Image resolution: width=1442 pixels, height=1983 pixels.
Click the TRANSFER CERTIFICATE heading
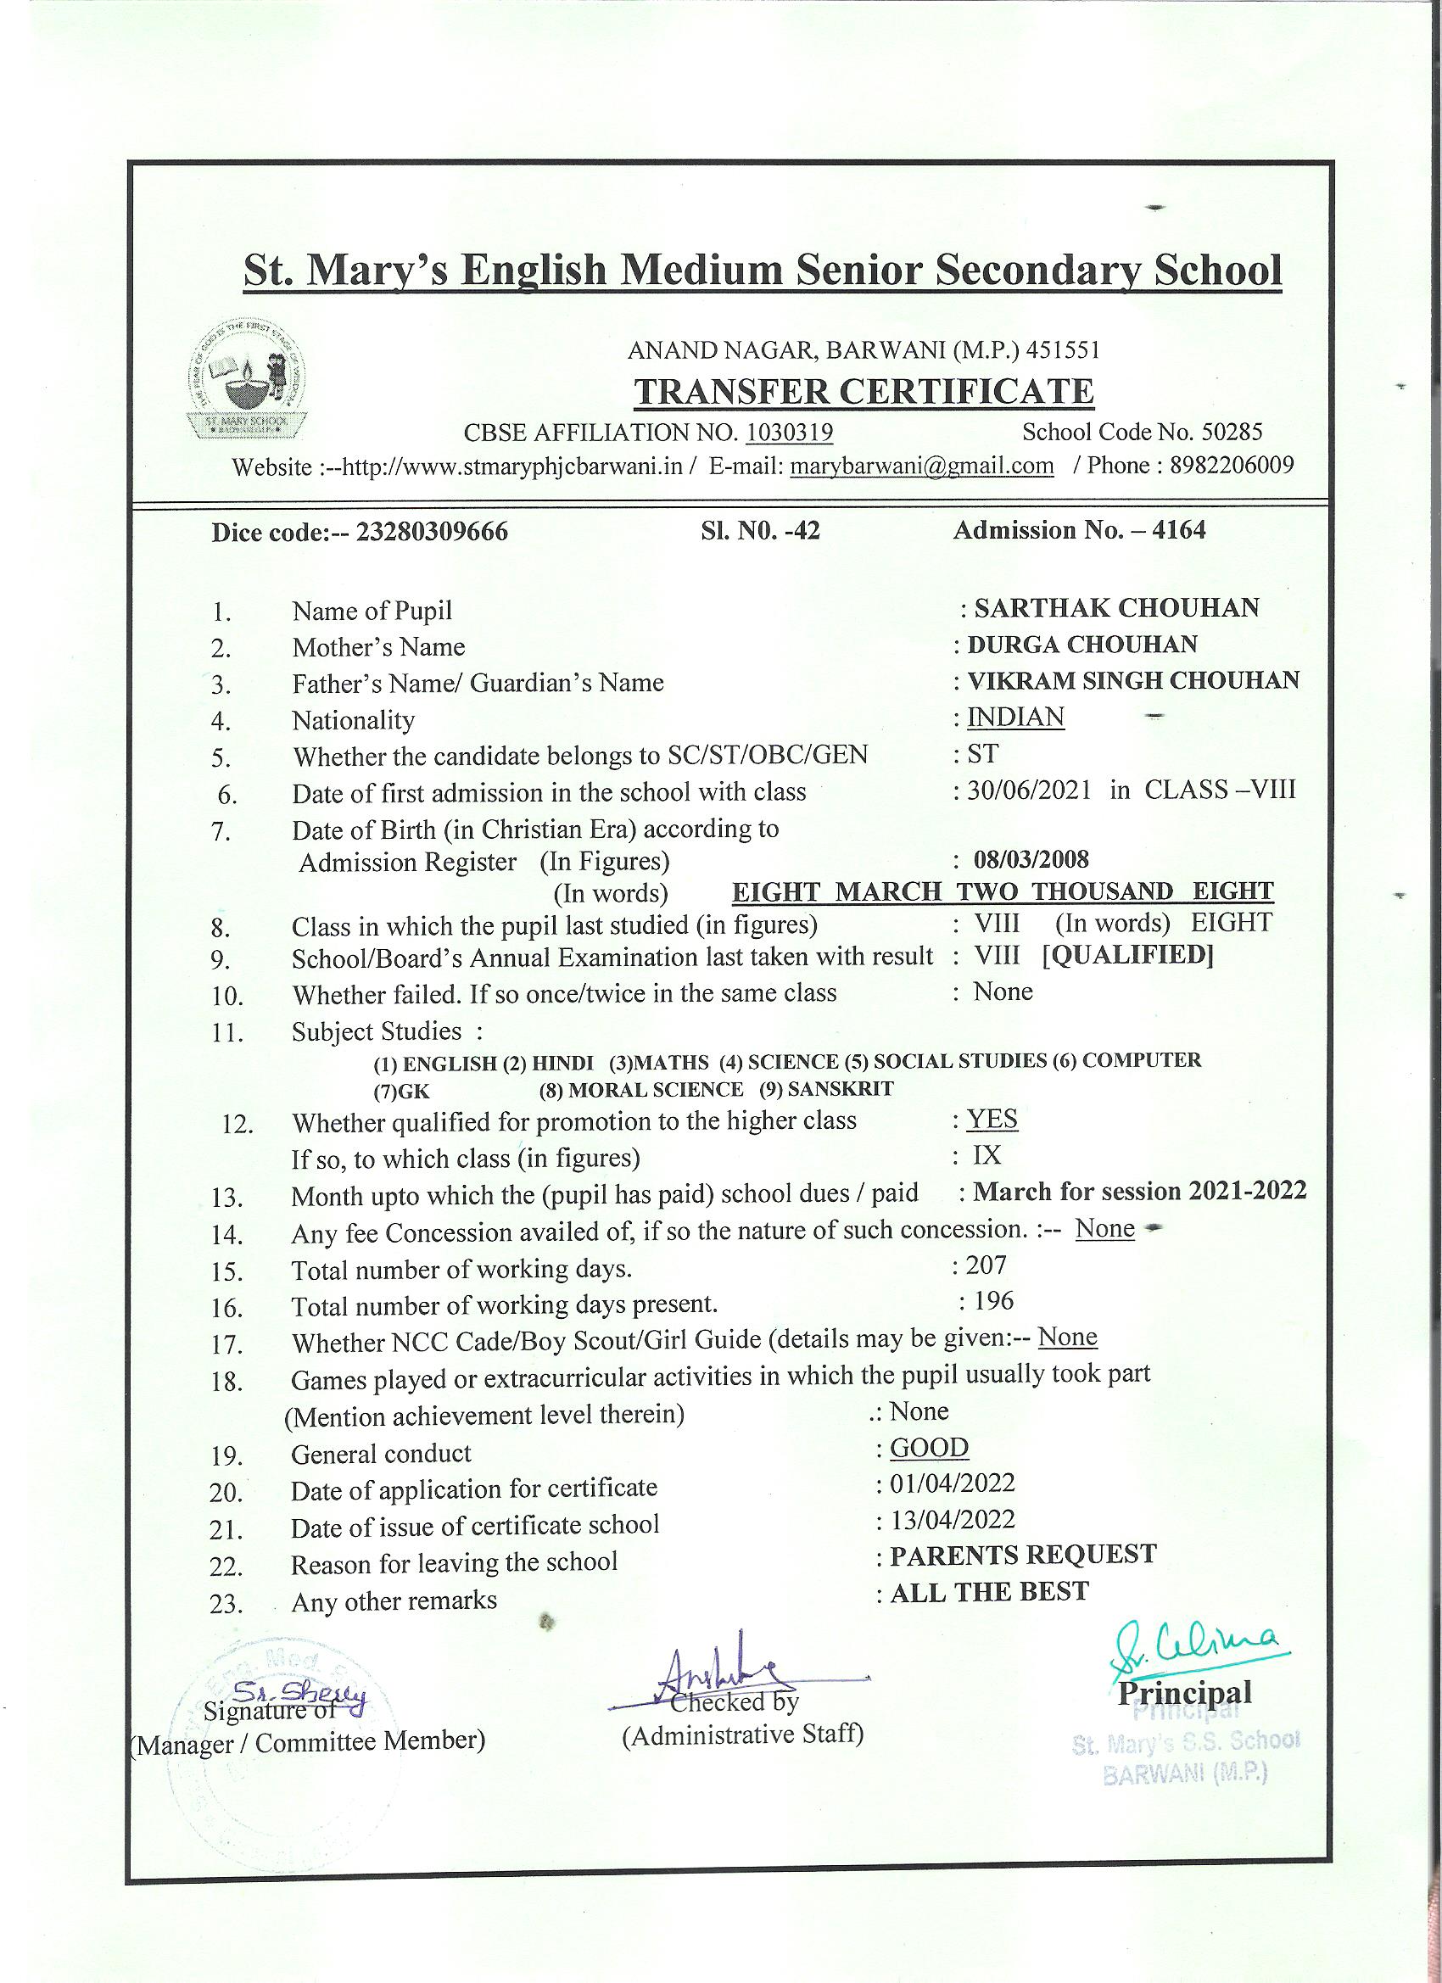(x=864, y=391)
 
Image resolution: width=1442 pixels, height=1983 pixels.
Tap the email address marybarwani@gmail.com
(x=922, y=465)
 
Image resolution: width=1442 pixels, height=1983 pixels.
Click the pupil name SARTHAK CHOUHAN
(x=1115, y=607)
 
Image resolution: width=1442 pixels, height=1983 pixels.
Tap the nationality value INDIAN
(x=1015, y=718)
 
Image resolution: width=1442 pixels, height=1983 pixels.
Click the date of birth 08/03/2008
(x=1031, y=859)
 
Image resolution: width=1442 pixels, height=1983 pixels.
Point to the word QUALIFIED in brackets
(x=1128, y=956)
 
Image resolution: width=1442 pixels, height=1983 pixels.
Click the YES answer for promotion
(x=992, y=1120)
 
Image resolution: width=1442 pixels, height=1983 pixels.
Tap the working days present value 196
(x=993, y=1301)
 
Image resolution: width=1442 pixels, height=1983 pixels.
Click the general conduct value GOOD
(x=929, y=1448)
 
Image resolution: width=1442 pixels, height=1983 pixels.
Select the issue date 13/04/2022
(x=953, y=1519)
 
